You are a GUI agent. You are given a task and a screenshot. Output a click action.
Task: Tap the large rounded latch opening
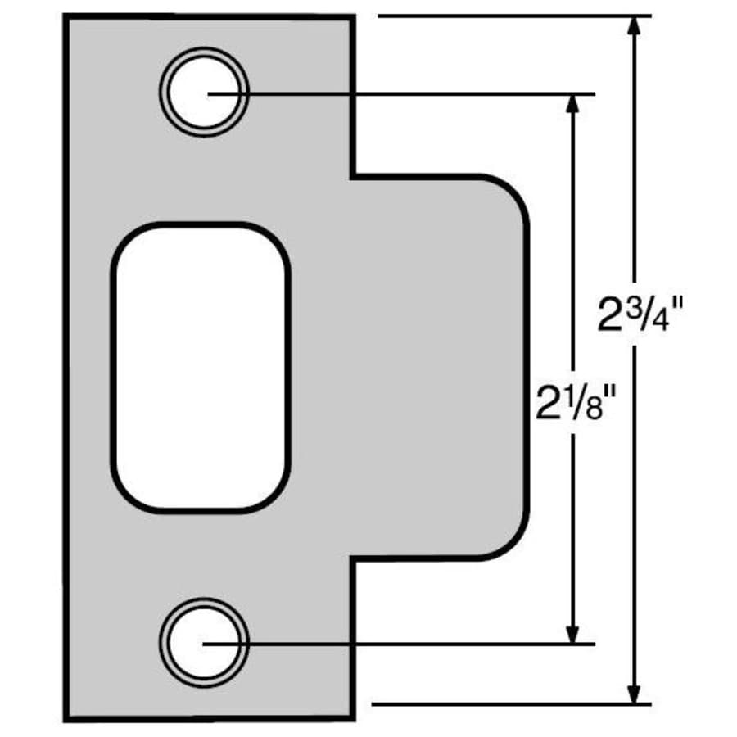[201, 367]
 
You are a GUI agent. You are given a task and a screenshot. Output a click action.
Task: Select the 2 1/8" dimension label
[574, 401]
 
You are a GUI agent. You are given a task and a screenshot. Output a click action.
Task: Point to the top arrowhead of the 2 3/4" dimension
[634, 25]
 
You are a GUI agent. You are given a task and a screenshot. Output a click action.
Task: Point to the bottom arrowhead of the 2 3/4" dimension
[634, 694]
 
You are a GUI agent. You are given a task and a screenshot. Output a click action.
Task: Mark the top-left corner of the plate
[66, 17]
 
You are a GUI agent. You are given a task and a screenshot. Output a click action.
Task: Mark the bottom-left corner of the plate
[66, 719]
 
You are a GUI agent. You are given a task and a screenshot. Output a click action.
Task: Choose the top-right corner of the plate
[352, 17]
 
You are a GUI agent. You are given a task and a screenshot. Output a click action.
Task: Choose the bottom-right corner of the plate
[352, 719]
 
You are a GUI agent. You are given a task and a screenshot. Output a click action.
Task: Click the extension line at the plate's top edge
[508, 16]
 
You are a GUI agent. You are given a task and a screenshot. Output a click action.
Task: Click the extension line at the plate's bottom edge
[508, 703]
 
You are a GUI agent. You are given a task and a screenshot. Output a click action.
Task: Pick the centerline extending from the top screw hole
[409, 94]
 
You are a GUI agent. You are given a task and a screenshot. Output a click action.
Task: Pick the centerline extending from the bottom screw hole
[409, 644]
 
